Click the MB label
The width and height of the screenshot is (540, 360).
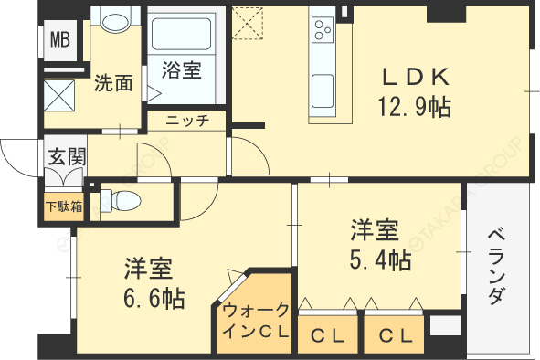coord(59,39)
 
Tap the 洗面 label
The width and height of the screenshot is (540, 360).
coord(113,84)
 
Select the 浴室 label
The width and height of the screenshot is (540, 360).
coord(181,70)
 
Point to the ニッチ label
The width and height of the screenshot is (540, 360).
coord(188,120)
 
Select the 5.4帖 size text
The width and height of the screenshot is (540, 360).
coord(378,259)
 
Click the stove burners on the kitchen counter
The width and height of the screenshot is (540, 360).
coord(323,29)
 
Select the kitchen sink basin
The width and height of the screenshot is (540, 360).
coord(324,90)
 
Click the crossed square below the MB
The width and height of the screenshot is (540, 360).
coord(63,95)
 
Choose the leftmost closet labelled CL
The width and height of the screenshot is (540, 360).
coord(326,334)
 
